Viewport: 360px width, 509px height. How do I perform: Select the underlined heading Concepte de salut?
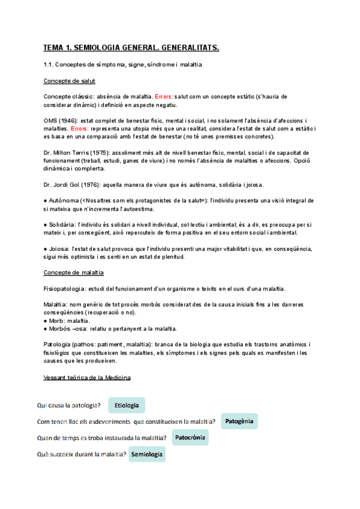click(x=70, y=80)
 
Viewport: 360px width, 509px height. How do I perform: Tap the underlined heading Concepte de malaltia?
click(x=74, y=273)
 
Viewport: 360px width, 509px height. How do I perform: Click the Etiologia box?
click(x=127, y=406)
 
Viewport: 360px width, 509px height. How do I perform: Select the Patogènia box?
click(x=239, y=421)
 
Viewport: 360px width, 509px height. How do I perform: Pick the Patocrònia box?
click(x=190, y=438)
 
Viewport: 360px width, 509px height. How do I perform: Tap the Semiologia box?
click(x=147, y=454)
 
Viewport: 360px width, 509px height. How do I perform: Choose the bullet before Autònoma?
click(x=46, y=200)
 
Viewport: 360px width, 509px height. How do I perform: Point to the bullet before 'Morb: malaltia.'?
click(x=46, y=321)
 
